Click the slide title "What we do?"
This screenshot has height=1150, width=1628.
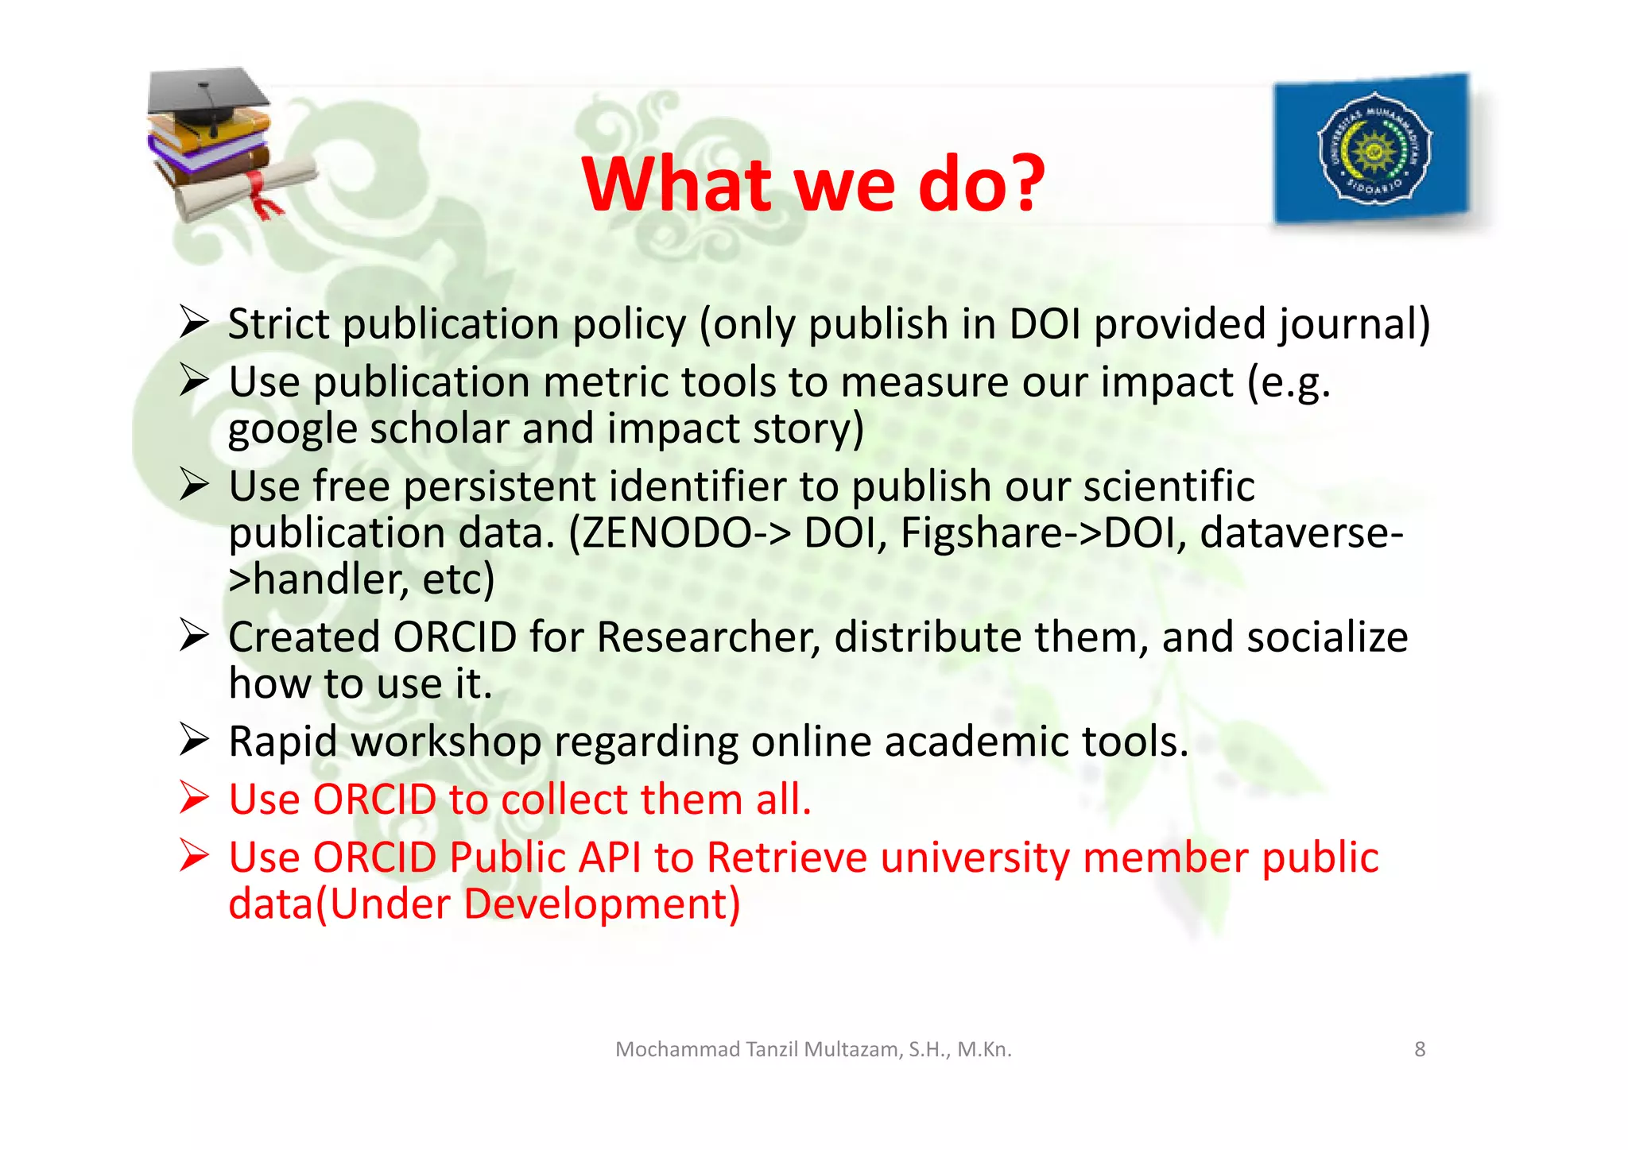point(812,184)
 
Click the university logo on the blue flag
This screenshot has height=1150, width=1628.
point(1374,149)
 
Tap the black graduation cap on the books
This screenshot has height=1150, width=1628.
point(207,97)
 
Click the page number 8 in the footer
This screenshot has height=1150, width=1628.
point(1420,1049)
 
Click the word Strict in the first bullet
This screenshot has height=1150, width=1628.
point(278,324)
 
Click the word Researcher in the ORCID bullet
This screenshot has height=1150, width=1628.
point(707,637)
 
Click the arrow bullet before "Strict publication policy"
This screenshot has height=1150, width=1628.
point(194,323)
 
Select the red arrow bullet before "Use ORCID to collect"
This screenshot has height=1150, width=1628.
point(194,798)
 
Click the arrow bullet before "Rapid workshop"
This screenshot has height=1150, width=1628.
point(194,740)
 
